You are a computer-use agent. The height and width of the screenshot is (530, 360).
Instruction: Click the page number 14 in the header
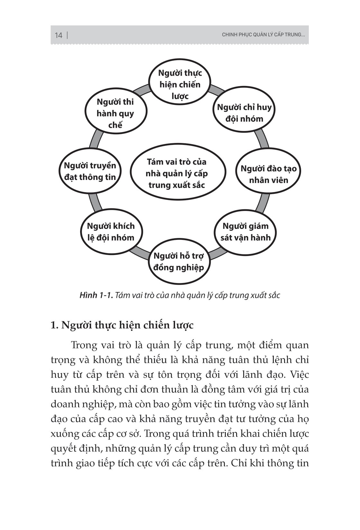[x=58, y=35]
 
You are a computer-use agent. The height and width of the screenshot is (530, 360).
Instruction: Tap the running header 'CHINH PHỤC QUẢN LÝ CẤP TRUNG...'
[x=263, y=35]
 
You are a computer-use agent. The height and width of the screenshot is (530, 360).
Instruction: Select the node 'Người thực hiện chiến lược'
[x=180, y=84]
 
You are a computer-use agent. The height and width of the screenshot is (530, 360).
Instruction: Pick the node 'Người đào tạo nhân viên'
[x=269, y=174]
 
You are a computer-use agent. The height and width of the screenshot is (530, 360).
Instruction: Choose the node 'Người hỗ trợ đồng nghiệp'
[x=179, y=262]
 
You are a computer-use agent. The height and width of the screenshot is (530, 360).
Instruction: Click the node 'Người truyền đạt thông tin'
[x=90, y=171]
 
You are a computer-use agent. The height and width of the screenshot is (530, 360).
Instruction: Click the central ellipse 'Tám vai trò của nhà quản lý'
[x=177, y=174]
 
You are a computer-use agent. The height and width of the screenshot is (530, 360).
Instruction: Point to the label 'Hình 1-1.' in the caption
[x=96, y=295]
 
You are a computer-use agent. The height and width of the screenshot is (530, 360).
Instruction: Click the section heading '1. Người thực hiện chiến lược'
[x=122, y=325]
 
